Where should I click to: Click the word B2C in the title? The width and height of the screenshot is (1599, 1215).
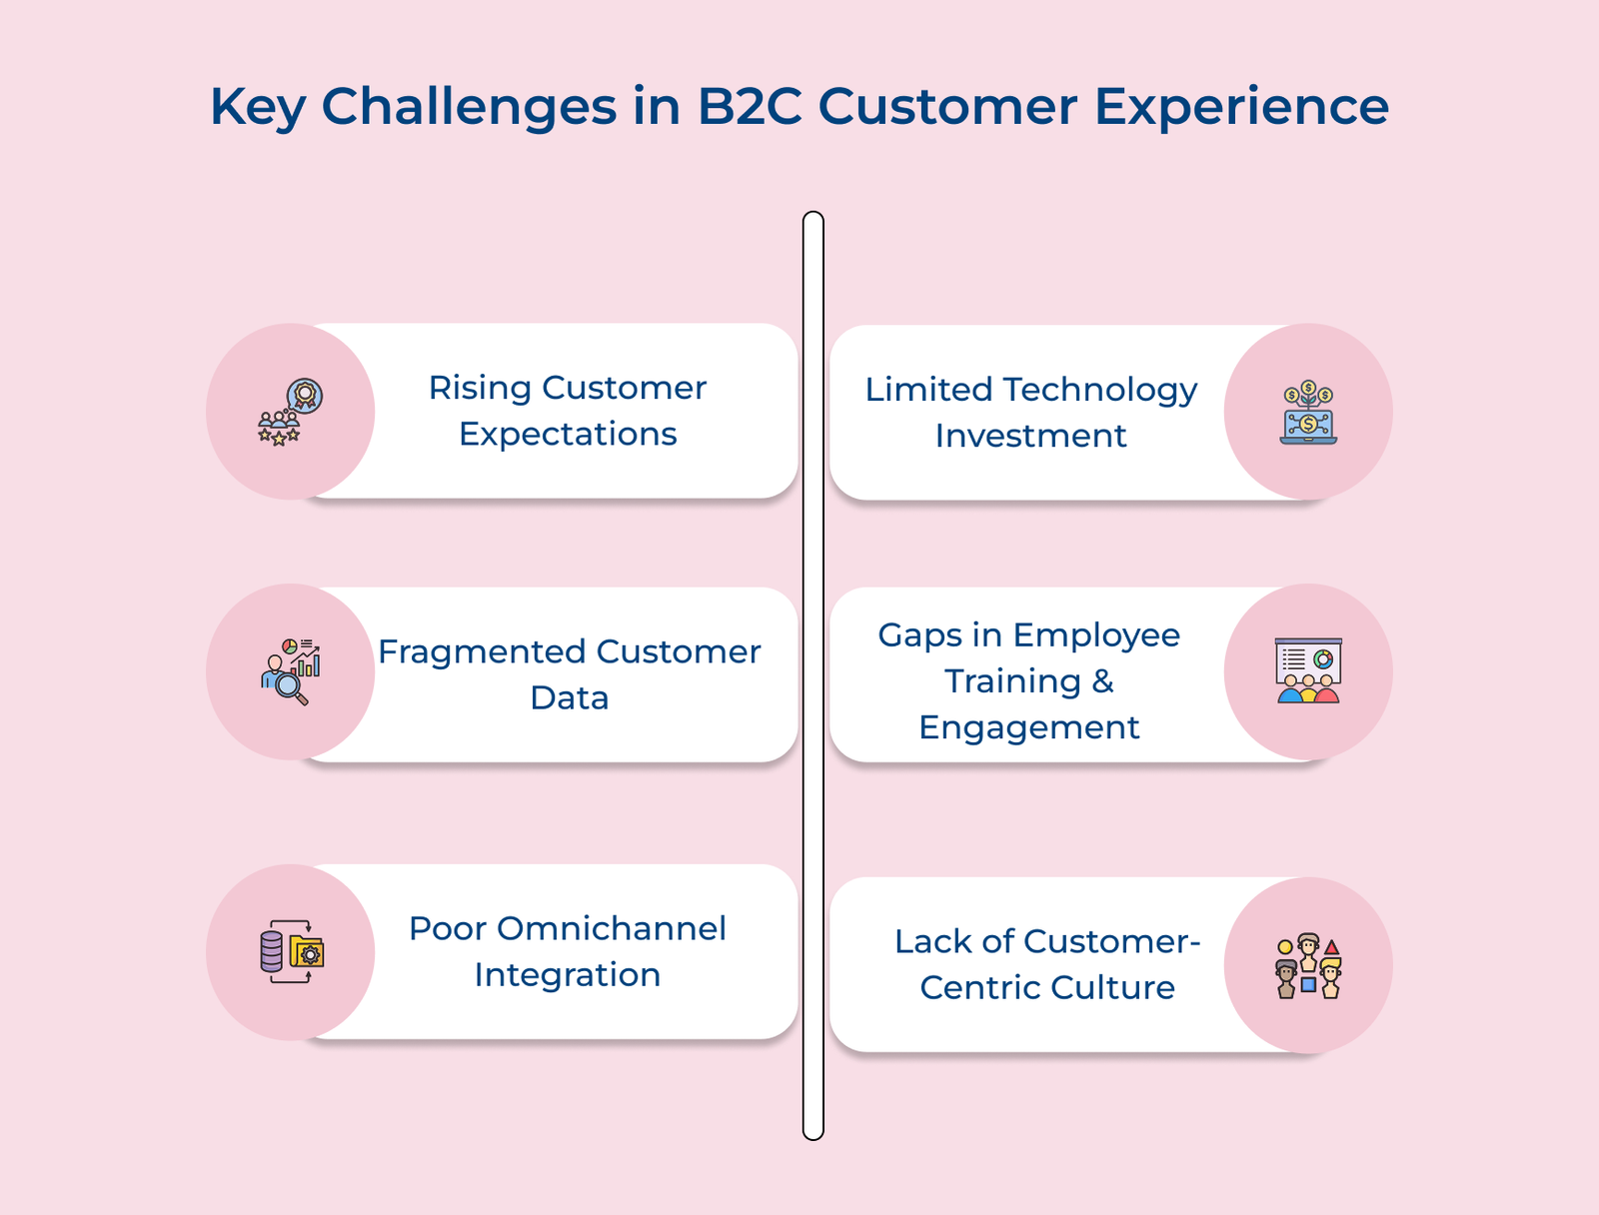[750, 106]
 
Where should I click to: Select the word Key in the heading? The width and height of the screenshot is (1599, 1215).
[258, 108]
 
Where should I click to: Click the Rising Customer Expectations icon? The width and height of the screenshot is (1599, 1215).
[291, 412]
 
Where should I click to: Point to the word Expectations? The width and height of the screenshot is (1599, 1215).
[568, 435]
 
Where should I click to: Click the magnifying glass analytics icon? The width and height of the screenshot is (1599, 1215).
[291, 671]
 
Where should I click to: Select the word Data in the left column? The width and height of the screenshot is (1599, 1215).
[570, 697]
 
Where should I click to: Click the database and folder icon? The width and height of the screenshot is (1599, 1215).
[292, 952]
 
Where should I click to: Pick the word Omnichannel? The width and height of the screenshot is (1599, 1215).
[612, 928]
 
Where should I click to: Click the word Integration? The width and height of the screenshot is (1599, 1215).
[568, 975]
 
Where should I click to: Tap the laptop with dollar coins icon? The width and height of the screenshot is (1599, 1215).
[1308, 412]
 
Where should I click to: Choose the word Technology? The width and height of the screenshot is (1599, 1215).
[1100, 390]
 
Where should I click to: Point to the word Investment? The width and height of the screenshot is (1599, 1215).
[1030, 437]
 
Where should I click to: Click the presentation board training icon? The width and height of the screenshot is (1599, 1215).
[1308, 671]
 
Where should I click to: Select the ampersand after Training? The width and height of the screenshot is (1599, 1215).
[1102, 681]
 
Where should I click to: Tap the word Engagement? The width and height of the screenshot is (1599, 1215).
[1029, 728]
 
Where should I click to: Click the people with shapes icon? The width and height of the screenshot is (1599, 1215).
[1308, 966]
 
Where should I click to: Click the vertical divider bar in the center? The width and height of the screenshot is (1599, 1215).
[813, 675]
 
